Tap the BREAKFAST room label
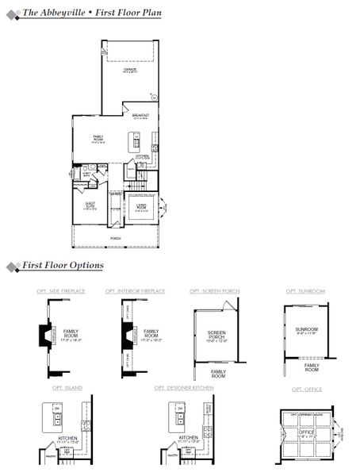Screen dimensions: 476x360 [141, 117]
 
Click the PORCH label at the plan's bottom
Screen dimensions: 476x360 [116, 238]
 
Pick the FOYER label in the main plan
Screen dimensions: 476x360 [115, 209]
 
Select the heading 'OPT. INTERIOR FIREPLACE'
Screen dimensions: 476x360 [135, 292]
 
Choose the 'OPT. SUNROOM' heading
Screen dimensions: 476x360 [305, 292]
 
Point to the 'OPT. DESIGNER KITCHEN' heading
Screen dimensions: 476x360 [184, 388]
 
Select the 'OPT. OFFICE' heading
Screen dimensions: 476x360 [305, 390]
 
